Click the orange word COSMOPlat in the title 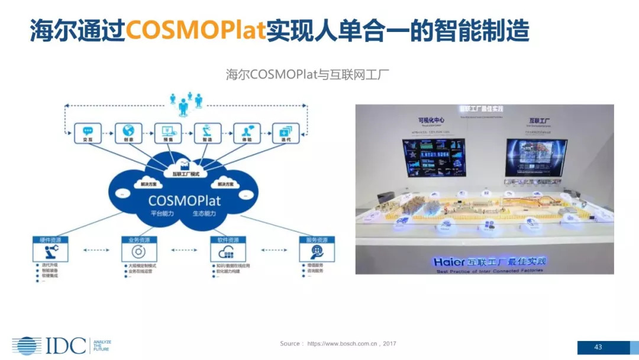tap(195, 31)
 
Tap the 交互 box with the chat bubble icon tap(88, 133)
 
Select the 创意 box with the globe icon tap(127, 133)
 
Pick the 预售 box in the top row tap(167, 133)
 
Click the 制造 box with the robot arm tap(207, 133)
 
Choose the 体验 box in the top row tap(247, 133)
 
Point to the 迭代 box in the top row tap(286, 133)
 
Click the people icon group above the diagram tap(186, 104)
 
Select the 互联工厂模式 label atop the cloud tap(186, 174)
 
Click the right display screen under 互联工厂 tap(535, 157)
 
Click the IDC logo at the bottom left tap(49, 345)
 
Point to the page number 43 tap(598, 347)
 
